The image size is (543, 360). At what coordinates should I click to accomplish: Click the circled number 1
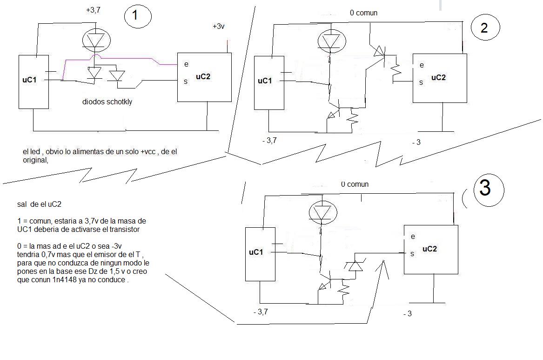point(135,15)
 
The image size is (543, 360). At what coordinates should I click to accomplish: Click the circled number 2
point(484,28)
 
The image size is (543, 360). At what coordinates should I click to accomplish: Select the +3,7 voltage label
point(93,10)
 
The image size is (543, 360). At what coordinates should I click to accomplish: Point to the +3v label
point(219,27)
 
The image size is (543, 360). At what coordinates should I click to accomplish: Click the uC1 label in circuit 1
point(29,80)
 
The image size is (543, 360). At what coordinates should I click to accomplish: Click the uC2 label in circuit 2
point(438,78)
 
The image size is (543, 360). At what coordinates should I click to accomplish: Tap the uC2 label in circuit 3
point(429,249)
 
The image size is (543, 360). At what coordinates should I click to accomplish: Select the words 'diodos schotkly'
point(107,102)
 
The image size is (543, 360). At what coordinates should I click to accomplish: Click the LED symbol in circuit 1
point(96,40)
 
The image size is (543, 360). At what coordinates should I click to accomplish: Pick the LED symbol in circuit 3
point(322,212)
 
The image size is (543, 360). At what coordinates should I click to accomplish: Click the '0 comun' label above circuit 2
point(363,13)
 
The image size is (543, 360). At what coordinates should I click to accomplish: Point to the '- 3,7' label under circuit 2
point(269,140)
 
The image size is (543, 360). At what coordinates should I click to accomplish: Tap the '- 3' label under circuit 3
point(408,313)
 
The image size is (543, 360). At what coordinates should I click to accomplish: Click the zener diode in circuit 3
point(355,265)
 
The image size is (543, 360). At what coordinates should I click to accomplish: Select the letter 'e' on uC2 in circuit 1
point(186,64)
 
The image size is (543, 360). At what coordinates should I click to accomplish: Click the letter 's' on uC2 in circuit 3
point(412,254)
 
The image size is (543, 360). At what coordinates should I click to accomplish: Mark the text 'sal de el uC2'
point(39,204)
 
